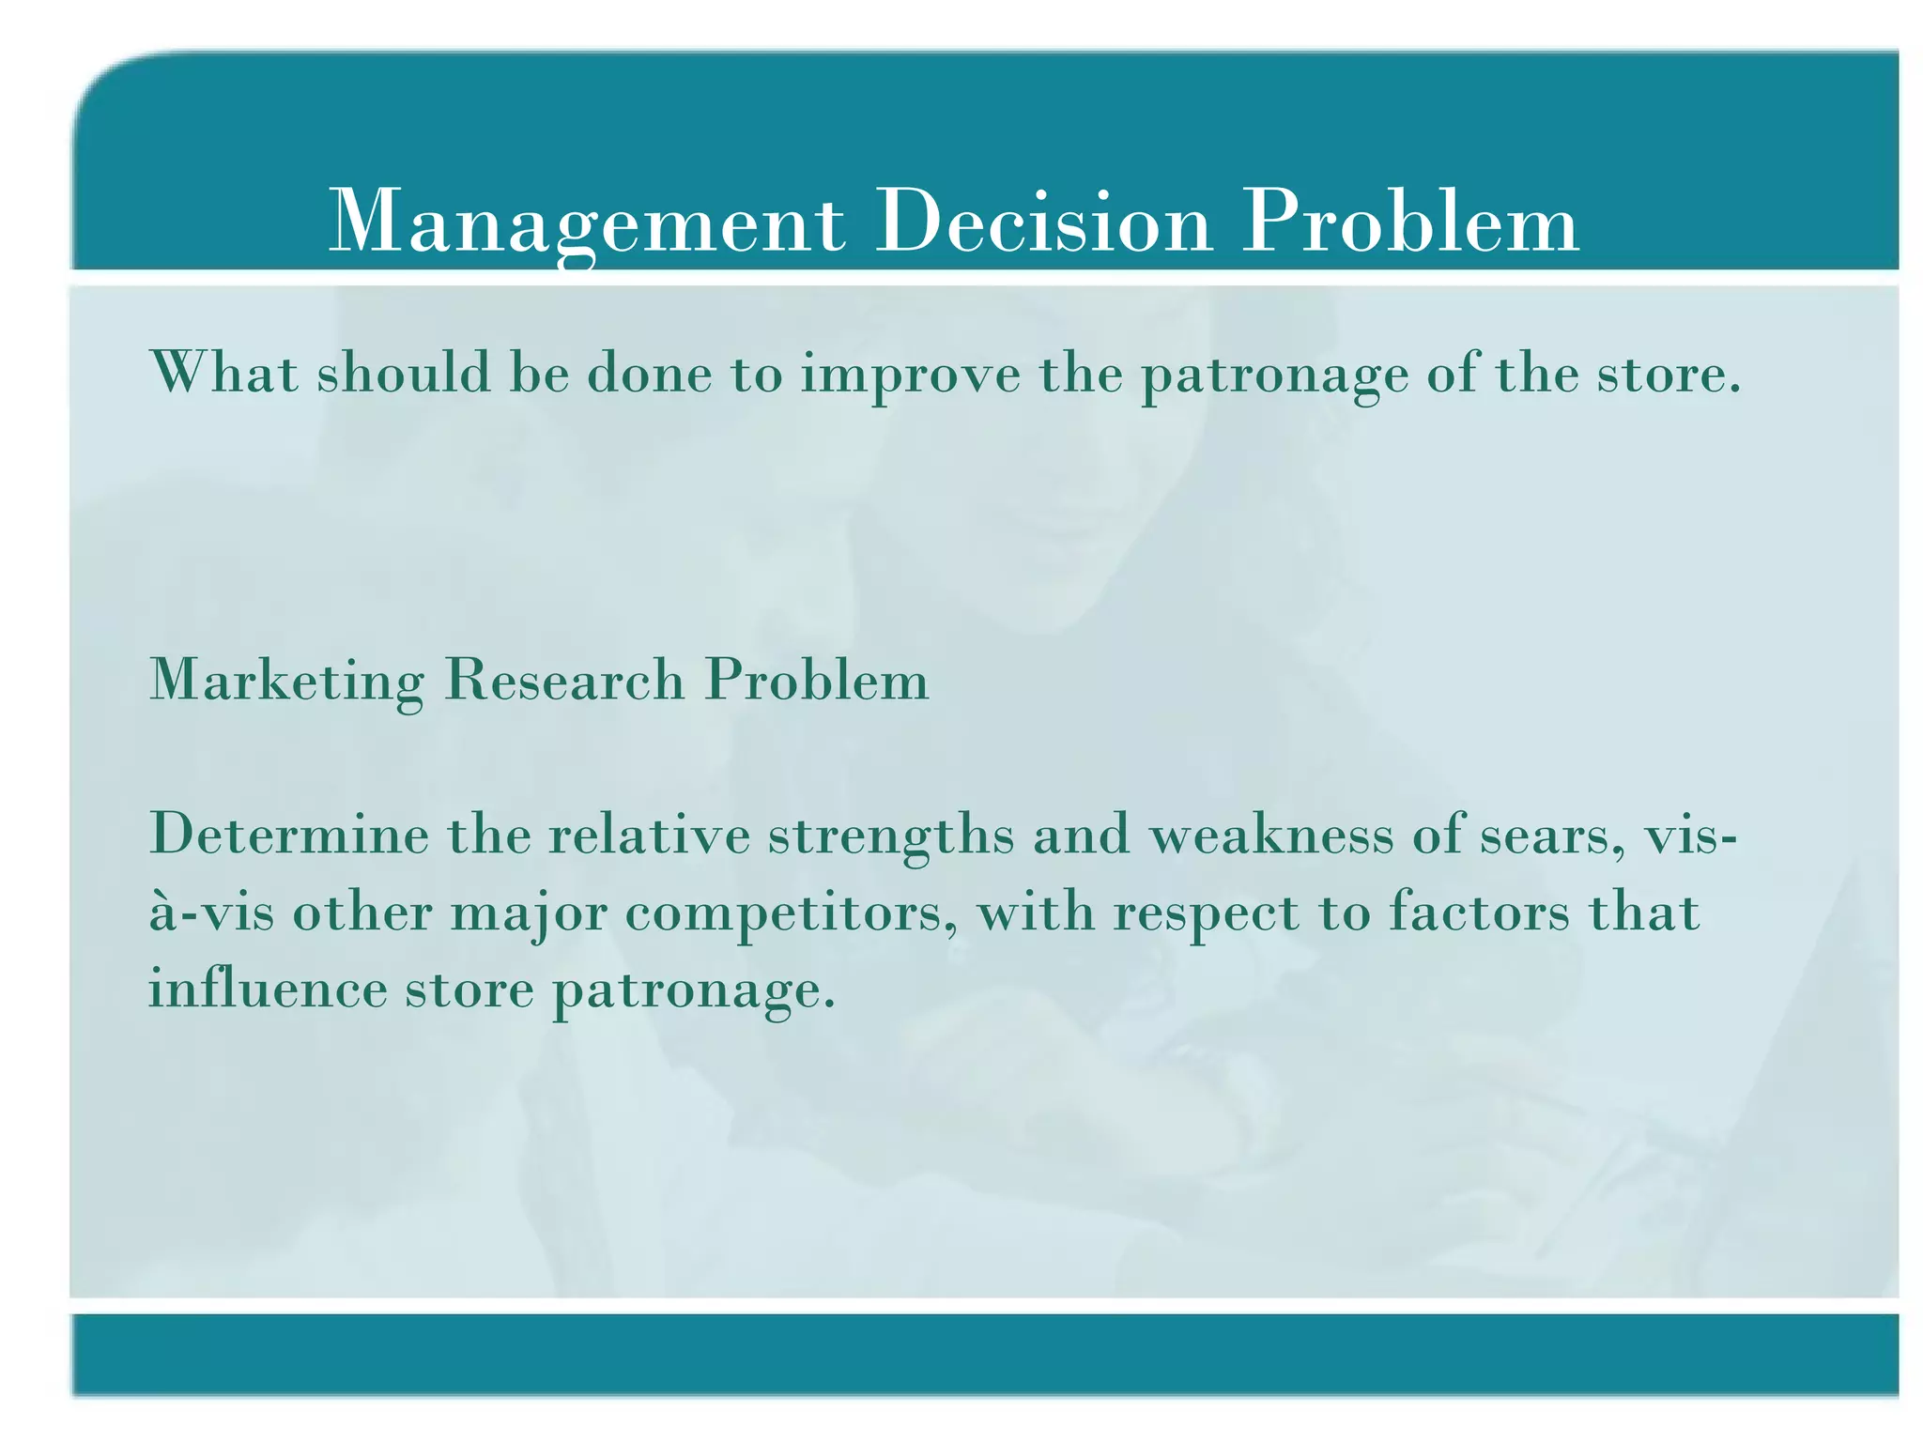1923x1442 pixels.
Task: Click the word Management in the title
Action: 587,223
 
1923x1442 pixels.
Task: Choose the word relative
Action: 649,834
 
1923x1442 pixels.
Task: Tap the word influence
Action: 268,989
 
